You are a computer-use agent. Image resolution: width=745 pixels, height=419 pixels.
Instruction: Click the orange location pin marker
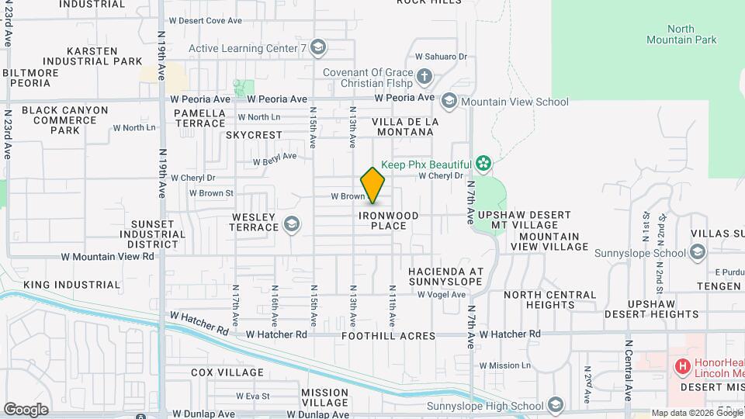(372, 185)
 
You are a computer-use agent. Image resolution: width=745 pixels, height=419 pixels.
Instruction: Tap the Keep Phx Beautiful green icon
(484, 164)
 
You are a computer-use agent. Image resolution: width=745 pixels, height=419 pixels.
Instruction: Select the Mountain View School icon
(449, 102)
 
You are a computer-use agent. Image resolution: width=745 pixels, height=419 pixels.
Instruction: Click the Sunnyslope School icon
(697, 252)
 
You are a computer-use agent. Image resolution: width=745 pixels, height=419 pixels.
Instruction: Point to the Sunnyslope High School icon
(555, 405)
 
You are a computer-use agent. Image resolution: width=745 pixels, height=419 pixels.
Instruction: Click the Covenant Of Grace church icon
(424, 76)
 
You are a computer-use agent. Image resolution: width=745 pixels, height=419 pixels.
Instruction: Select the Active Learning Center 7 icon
(317, 48)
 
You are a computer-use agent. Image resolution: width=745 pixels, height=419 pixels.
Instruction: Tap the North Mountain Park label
(681, 34)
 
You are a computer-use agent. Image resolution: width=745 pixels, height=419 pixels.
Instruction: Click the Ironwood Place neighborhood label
(389, 220)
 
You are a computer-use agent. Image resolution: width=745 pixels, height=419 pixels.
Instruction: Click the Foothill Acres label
(389, 336)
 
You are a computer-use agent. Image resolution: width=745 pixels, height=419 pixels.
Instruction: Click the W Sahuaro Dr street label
(441, 57)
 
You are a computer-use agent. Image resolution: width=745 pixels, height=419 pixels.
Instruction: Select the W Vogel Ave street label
(441, 295)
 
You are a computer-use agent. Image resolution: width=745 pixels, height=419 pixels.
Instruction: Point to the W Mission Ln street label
(504, 365)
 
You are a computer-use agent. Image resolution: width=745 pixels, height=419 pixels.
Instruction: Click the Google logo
(26, 409)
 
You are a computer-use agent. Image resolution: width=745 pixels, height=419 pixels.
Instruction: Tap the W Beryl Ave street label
(275, 159)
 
